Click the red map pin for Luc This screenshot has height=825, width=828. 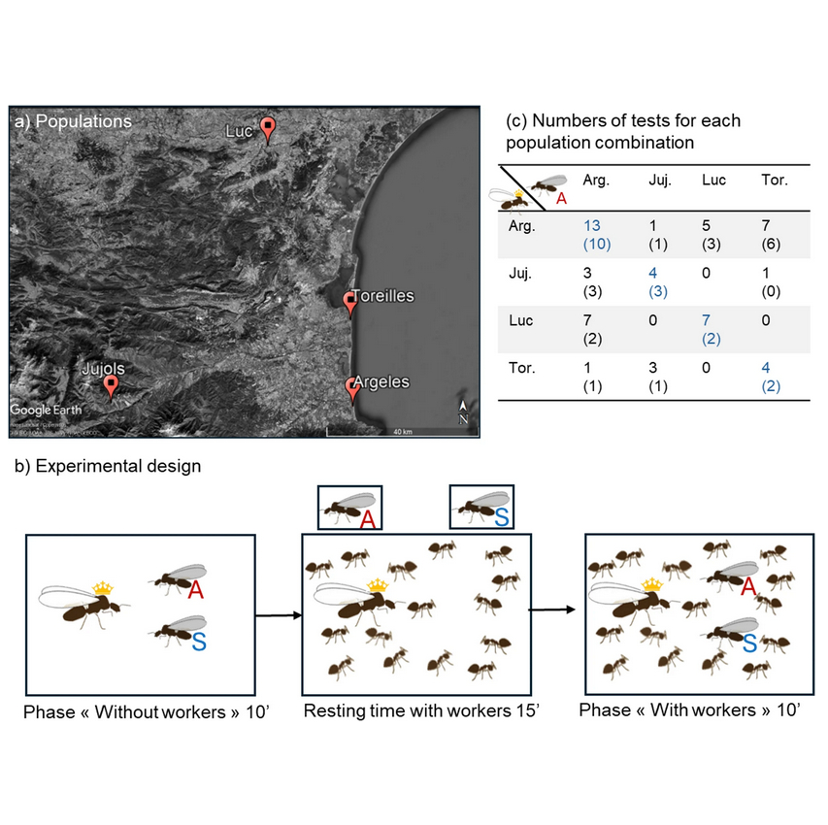pyautogui.click(x=269, y=129)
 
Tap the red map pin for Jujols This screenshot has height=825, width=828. pyautogui.click(x=112, y=386)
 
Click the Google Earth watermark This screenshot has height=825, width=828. pyautogui.click(x=47, y=410)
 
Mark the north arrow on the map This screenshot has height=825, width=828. pyautogui.click(x=464, y=412)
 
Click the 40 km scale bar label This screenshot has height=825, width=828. pyautogui.click(x=401, y=430)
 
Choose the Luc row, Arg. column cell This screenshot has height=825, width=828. pyautogui.click(x=591, y=327)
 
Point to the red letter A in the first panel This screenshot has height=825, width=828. pyautogui.click(x=195, y=590)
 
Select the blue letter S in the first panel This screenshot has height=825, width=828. pyautogui.click(x=198, y=641)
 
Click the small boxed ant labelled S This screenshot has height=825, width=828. pyautogui.click(x=481, y=508)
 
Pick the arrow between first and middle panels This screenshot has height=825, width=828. pyautogui.click(x=278, y=614)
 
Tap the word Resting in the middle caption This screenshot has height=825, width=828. pyautogui.click(x=334, y=711)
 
